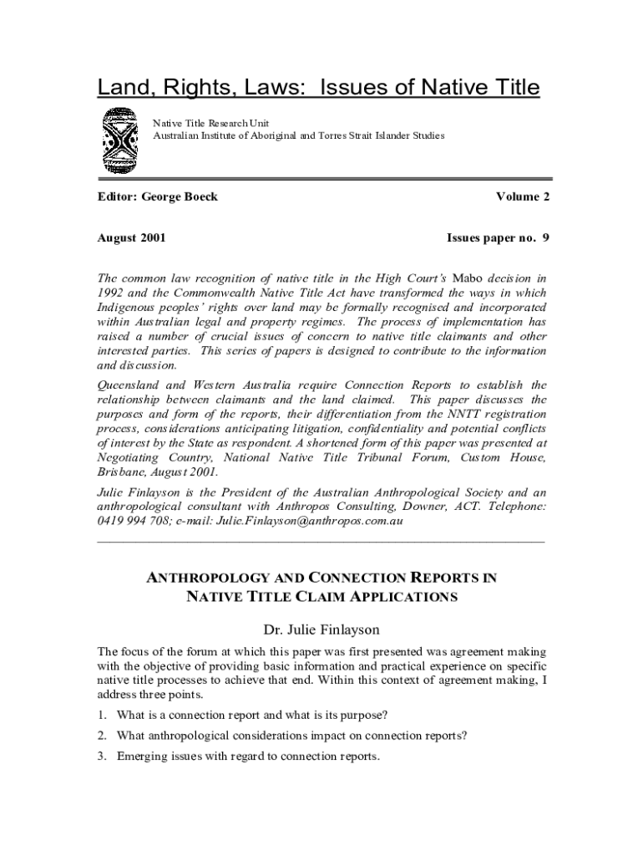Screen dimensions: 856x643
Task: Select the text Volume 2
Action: [522, 196]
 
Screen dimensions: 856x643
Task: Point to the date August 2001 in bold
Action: [131, 237]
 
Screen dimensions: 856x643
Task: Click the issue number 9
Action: [545, 237]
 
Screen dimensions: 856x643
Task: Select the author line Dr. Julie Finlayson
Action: [321, 629]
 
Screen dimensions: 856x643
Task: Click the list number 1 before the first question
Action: [101, 715]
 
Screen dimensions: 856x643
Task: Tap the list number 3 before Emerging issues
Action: [101, 757]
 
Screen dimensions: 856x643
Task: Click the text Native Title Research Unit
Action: [210, 123]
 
